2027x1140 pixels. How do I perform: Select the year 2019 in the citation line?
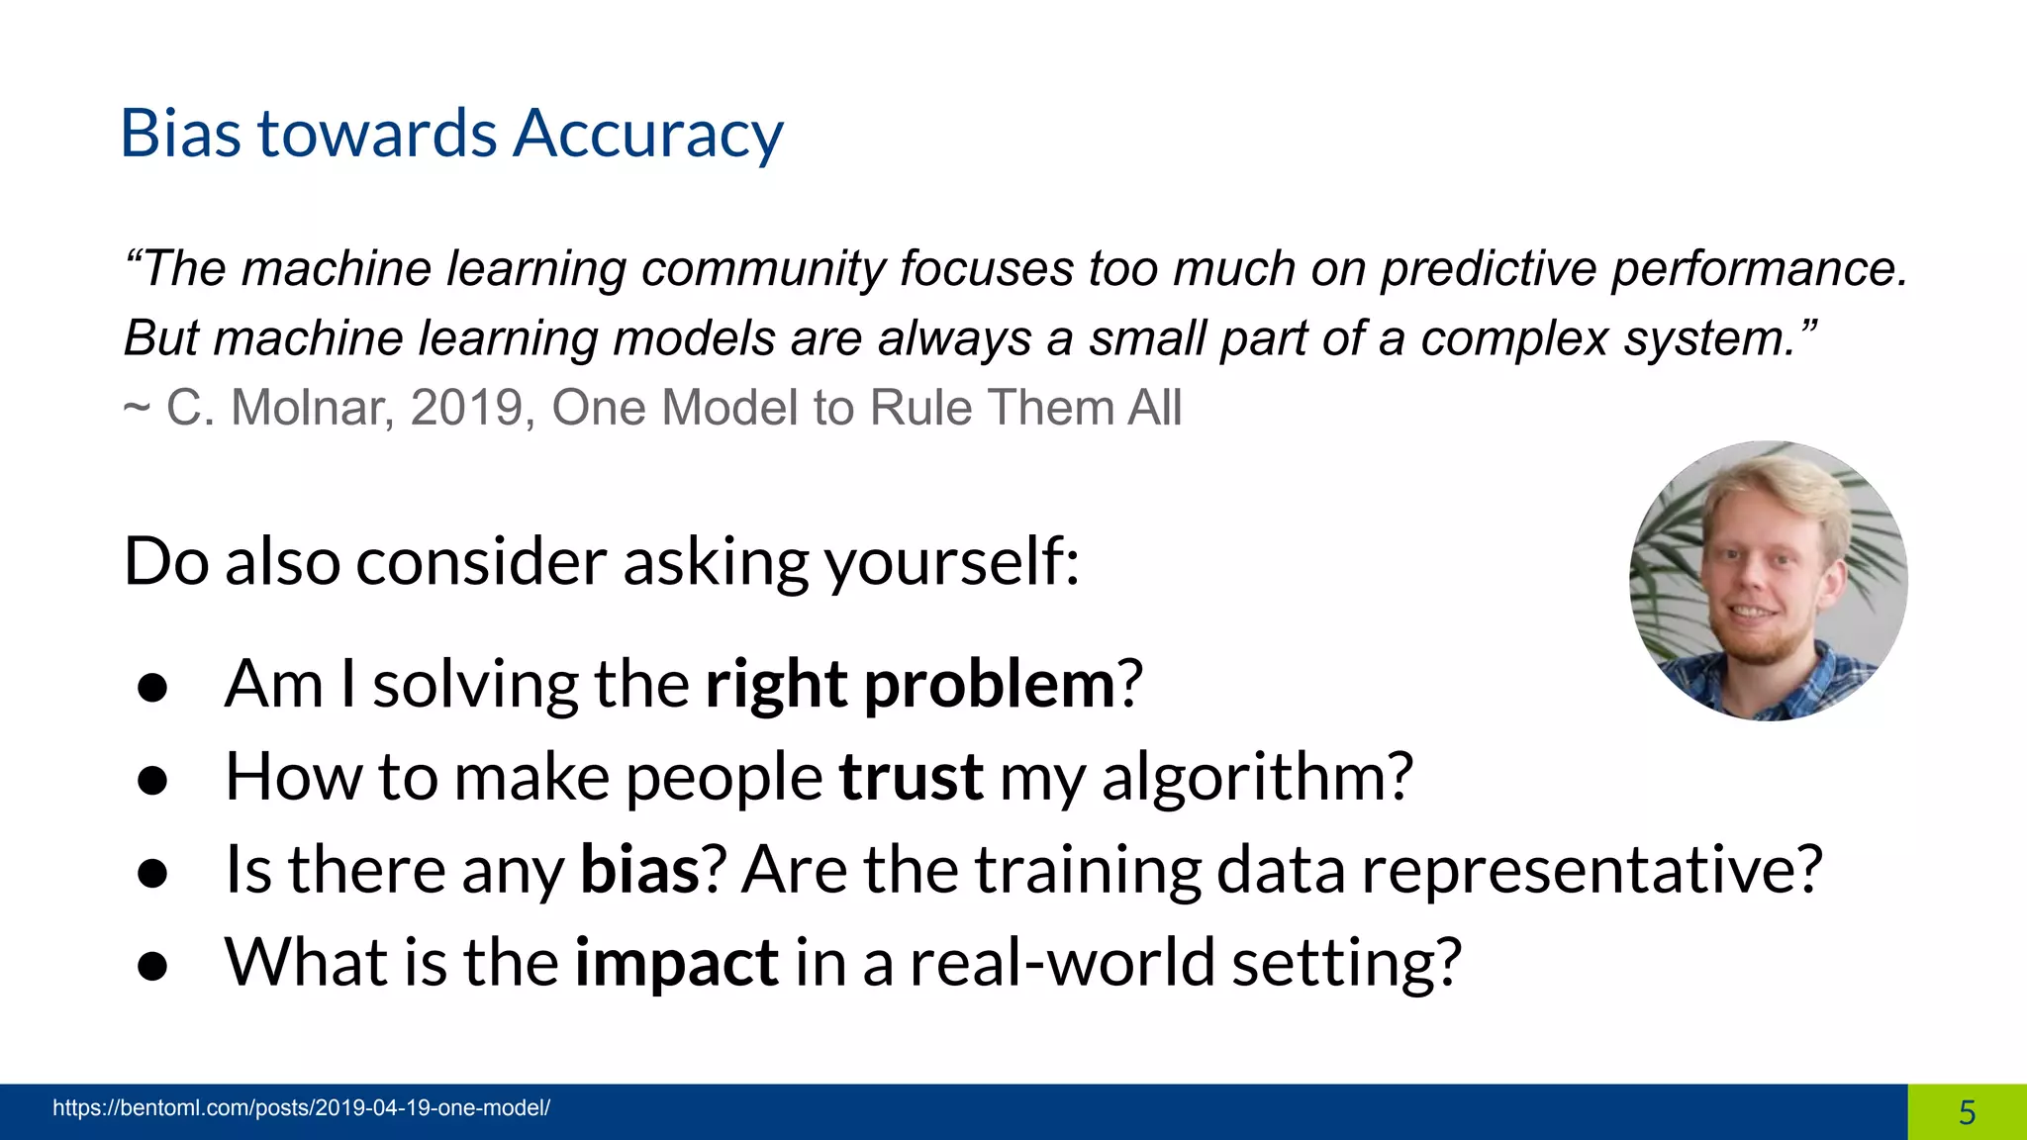[x=466, y=408]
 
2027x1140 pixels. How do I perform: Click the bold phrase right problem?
[x=911, y=684]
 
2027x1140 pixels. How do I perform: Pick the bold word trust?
[x=911, y=777]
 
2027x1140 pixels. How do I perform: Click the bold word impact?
[x=676, y=962]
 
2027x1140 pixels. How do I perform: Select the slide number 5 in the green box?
[x=1967, y=1112]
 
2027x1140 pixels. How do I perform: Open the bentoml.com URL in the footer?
[x=301, y=1108]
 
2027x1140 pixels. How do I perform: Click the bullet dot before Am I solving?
[x=152, y=688]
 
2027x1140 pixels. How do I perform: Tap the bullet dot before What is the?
[x=152, y=966]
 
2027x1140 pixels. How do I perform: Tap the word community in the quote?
[x=762, y=269]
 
